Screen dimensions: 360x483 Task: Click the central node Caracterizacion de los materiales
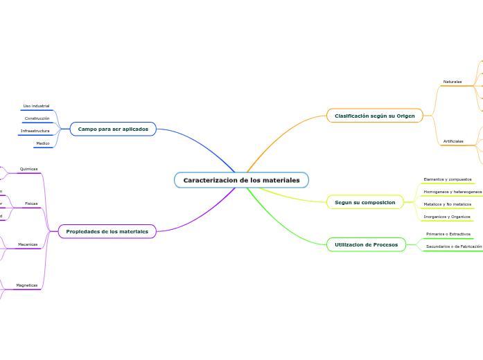coord(241,180)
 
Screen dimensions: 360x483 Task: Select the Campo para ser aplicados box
coord(113,129)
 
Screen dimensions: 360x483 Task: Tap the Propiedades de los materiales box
coord(107,231)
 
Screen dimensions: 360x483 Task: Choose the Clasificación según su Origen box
coord(374,116)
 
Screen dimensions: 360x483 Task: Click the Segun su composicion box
coord(365,202)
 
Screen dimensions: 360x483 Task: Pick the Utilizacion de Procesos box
coord(366,244)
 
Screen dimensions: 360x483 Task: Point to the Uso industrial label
coord(36,106)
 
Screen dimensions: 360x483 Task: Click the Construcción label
coord(37,118)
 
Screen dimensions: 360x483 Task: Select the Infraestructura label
coord(35,131)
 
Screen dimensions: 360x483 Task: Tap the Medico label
coord(43,143)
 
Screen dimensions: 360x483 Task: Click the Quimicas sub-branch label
coord(29,169)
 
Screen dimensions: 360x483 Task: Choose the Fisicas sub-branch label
coord(31,204)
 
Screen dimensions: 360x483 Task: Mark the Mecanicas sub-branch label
coord(28,244)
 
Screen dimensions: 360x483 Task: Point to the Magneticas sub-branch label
coord(27,285)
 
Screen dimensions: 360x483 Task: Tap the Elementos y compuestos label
coord(447,179)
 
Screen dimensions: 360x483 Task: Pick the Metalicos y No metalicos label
coord(447,204)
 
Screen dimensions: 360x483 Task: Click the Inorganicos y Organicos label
coord(447,217)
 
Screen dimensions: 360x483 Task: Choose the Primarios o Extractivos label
coord(448,234)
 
